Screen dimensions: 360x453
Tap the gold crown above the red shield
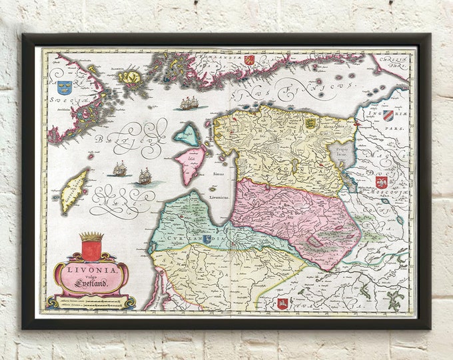pyautogui.click(x=91, y=237)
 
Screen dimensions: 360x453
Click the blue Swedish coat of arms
pyautogui.click(x=65, y=86)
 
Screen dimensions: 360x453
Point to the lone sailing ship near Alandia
pyautogui.click(x=189, y=103)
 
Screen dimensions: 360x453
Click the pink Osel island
pyautogui.click(x=189, y=164)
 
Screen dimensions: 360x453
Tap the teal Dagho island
pyautogui.click(x=187, y=134)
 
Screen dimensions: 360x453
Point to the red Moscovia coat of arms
pyautogui.click(x=381, y=181)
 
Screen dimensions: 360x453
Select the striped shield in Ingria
pyautogui.click(x=388, y=115)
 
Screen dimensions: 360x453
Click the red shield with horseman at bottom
pyautogui.click(x=282, y=304)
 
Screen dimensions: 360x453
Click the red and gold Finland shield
pyautogui.click(x=249, y=59)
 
